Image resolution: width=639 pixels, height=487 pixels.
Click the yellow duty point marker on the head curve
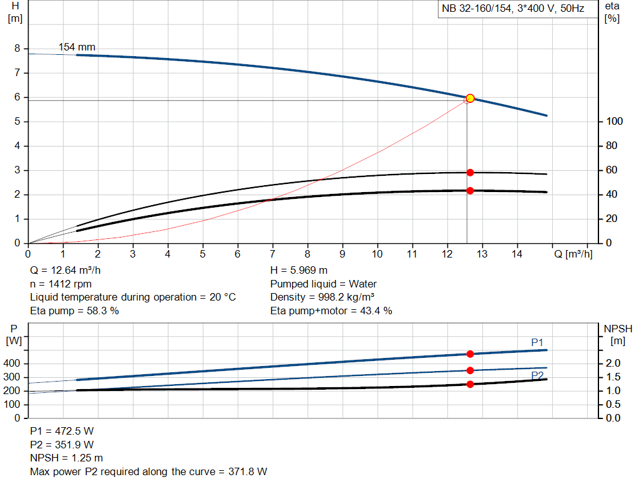pos(470,98)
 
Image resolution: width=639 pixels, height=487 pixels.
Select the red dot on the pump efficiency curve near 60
pos(470,173)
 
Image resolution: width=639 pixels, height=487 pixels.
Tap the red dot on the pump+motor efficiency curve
pos(470,191)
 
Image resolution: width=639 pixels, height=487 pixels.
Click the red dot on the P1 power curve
pos(470,354)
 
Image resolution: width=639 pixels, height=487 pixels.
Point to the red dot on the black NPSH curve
pos(470,384)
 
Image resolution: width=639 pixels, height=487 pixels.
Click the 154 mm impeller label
pos(77,47)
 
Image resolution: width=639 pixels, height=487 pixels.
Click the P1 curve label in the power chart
pos(537,342)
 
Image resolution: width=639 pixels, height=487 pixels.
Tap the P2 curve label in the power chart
pos(537,375)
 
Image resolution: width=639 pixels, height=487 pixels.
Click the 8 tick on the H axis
pos(17,49)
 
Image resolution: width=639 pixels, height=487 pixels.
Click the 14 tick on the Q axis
pos(517,254)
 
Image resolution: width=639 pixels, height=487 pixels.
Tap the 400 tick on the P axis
pos(13,364)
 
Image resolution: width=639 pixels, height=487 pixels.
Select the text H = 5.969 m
pos(299,271)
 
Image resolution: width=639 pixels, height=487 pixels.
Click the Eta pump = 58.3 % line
pos(74,311)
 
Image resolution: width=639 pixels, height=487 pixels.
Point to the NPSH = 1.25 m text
pos(66,458)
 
